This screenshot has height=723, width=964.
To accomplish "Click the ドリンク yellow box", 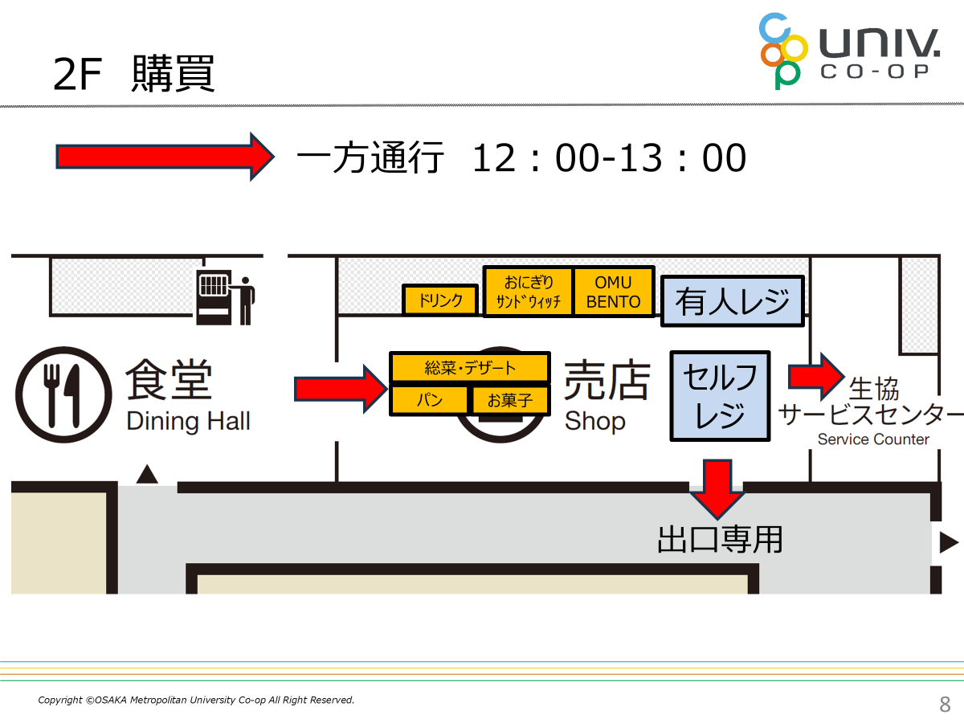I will coord(440,300).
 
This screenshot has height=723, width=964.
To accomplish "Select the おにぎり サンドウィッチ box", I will coord(528,292).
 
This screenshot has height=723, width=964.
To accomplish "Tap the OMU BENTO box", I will coord(614,292).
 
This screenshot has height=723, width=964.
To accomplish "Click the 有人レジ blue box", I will coord(732,301).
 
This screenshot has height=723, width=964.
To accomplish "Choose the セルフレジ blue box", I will coord(720,395).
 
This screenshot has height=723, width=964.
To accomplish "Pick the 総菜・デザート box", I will coord(470,368).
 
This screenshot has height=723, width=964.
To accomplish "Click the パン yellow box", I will coord(429,400).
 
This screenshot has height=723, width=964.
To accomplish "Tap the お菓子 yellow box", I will coord(509,400).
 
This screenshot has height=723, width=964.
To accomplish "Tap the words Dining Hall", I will coord(188,420).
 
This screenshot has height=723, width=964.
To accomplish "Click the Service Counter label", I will coord(872,439).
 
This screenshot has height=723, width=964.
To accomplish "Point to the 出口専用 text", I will coord(720,539).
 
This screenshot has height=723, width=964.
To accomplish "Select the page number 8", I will coord(945,705).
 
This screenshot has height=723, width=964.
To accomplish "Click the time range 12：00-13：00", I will coord(609,158).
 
